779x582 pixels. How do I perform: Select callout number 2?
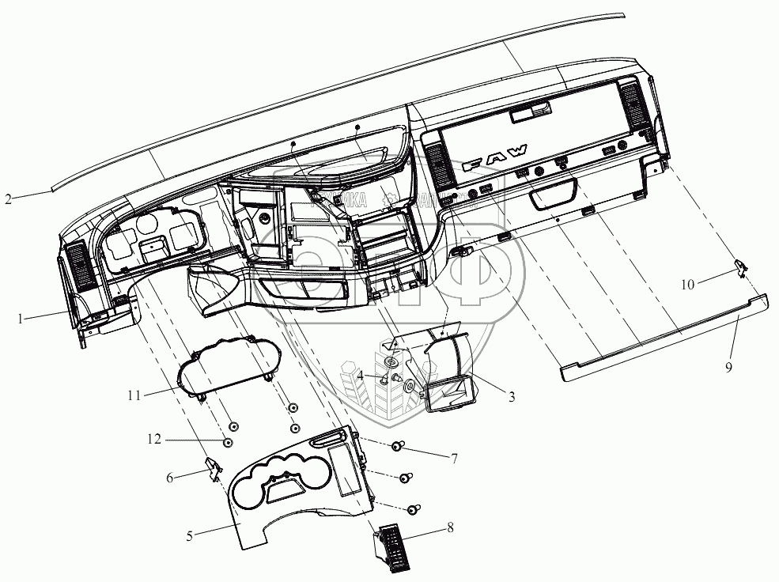tap(7, 199)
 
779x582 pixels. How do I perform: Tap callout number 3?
tap(512, 398)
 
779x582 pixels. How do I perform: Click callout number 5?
tap(190, 535)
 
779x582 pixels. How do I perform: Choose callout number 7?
tap(454, 458)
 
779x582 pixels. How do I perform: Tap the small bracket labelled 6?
tap(212, 469)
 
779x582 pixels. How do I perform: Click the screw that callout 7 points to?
tap(398, 448)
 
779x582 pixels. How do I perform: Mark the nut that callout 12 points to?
tap(228, 442)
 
